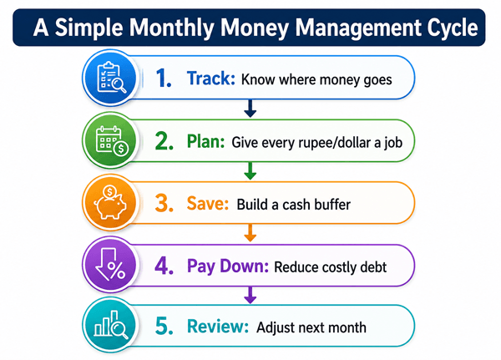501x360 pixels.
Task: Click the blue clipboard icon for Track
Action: (x=111, y=78)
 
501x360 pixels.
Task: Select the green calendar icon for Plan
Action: (x=112, y=140)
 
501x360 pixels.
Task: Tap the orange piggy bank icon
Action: (x=110, y=202)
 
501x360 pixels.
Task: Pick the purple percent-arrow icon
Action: (x=110, y=265)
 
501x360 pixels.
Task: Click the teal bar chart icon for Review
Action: (x=111, y=325)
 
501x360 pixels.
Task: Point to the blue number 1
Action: (x=164, y=79)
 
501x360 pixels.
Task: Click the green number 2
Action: (x=164, y=141)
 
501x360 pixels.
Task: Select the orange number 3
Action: (x=164, y=203)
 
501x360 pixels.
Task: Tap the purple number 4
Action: (x=164, y=266)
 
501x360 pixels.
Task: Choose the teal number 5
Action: (x=164, y=326)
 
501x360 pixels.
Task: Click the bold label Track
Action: (x=211, y=79)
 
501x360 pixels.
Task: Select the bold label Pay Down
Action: (x=228, y=266)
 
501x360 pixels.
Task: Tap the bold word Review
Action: (x=218, y=327)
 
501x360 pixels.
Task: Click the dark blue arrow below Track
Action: (x=250, y=109)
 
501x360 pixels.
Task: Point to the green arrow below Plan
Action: (x=250, y=171)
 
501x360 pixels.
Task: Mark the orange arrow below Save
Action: (x=250, y=233)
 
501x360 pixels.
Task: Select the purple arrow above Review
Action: (x=250, y=295)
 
